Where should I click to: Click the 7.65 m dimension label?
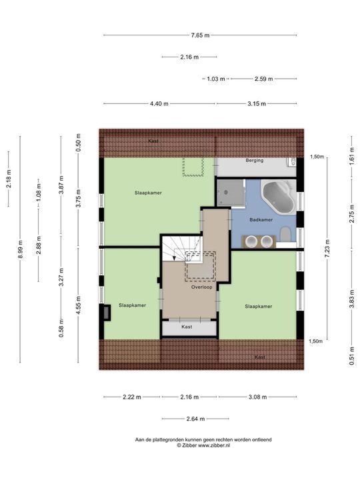point(200,35)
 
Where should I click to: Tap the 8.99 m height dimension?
point(21,249)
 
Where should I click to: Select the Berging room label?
point(255,160)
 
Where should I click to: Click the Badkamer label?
point(261,219)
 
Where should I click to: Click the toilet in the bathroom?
point(285,234)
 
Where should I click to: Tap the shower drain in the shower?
point(226,192)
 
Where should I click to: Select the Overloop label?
point(201,287)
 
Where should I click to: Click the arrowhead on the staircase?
point(174,258)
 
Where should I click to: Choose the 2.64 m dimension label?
point(195,419)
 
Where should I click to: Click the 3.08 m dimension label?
point(258,397)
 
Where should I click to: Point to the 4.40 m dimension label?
point(159,103)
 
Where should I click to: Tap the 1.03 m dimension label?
point(216,79)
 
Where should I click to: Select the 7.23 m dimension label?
point(327,248)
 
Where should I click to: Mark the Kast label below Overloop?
point(187,327)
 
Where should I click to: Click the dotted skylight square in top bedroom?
point(193,167)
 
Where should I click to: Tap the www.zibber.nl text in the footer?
point(214,445)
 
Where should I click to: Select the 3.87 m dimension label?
point(61,185)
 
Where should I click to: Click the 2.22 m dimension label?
point(132,397)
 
